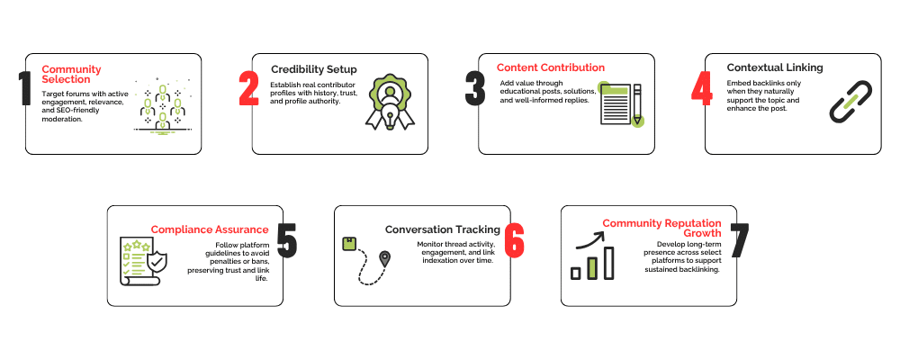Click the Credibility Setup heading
tap(314, 69)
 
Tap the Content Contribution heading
tap(551, 67)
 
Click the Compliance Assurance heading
tap(210, 229)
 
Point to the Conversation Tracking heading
tap(443, 229)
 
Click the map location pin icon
tap(385, 259)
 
